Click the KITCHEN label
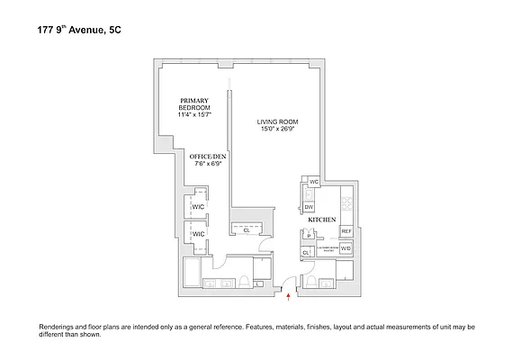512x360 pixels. pyautogui.click(x=322, y=220)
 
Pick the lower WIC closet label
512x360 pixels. pyautogui.click(x=199, y=234)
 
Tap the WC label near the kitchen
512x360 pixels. pyautogui.click(x=314, y=182)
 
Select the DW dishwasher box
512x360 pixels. pyautogui.click(x=308, y=206)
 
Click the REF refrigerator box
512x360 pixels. pyautogui.click(x=346, y=231)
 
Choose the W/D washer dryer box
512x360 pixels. pyautogui.click(x=345, y=247)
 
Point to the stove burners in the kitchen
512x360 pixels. pyautogui.click(x=347, y=205)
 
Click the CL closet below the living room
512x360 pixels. pyautogui.click(x=246, y=229)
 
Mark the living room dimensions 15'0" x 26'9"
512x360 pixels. pyautogui.click(x=275, y=130)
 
